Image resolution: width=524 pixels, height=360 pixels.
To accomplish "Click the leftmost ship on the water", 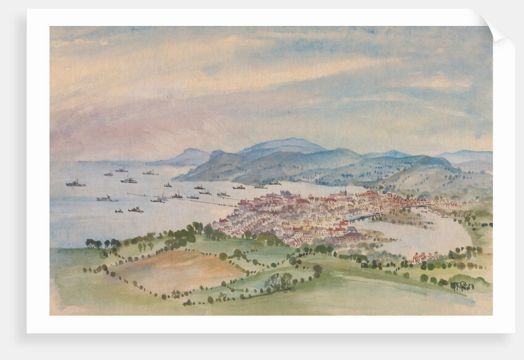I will [x=75, y=183].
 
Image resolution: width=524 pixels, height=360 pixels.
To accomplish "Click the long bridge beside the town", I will [x=364, y=217].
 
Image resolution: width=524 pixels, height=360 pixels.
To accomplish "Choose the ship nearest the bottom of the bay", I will [x=136, y=210].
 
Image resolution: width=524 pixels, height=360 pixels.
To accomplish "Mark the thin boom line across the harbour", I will [x=185, y=200].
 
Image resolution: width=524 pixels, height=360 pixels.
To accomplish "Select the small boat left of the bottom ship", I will [x=118, y=211].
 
